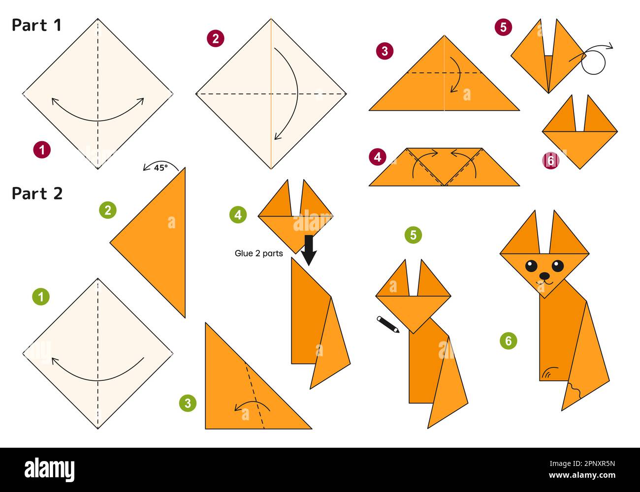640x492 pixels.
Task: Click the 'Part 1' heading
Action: (36, 25)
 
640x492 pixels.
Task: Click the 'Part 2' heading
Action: (37, 194)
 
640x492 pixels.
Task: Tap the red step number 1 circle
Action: (42, 150)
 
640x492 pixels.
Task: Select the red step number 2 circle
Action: (215, 38)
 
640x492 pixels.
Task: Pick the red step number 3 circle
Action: (384, 51)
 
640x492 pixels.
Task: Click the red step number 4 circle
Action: (377, 157)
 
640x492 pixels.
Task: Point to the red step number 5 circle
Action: (503, 27)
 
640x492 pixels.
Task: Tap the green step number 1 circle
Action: (41, 297)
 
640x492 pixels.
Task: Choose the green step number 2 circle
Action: (108, 210)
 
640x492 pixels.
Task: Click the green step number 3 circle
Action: (188, 403)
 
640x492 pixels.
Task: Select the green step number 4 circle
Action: (238, 215)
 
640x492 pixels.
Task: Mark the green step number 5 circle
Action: (413, 235)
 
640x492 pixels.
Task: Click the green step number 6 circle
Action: (509, 340)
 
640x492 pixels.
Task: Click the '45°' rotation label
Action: (160, 167)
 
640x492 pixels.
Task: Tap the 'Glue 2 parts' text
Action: (258, 253)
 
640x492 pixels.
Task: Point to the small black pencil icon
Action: (388, 325)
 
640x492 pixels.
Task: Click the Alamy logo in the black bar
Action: (49, 469)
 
